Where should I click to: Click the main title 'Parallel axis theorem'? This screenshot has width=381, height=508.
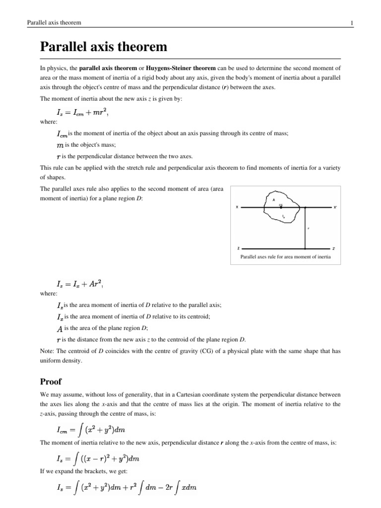104,48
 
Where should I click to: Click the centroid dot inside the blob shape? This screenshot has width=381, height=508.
281,207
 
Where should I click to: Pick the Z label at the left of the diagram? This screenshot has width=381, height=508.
239,248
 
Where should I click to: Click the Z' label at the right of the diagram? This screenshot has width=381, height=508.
333,248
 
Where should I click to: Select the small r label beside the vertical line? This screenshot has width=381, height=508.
308,228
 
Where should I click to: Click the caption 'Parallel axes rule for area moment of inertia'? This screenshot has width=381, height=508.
285,257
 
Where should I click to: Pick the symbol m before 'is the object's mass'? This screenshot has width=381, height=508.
61,145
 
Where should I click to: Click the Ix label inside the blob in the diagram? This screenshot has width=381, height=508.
283,217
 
